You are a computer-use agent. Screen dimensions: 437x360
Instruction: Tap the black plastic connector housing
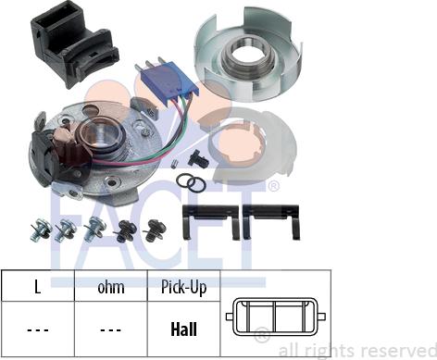73,44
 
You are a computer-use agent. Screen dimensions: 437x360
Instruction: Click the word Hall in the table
183,329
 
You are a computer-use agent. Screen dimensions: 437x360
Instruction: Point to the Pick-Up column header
184,288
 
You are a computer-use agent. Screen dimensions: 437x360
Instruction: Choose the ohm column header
111,288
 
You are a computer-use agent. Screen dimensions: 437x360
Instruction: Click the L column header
37,287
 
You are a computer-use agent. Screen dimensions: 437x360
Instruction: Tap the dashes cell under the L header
38,330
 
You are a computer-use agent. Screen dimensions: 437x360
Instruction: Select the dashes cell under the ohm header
110,330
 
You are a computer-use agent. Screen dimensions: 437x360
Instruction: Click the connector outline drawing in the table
276,317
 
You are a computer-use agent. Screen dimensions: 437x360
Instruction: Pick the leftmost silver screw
40,230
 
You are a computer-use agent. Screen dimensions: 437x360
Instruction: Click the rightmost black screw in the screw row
155,230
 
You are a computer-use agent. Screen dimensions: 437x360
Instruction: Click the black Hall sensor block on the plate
46,160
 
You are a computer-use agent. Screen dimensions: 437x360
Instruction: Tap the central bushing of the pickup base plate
101,136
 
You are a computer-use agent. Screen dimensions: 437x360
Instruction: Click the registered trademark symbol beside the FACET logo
273,186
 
